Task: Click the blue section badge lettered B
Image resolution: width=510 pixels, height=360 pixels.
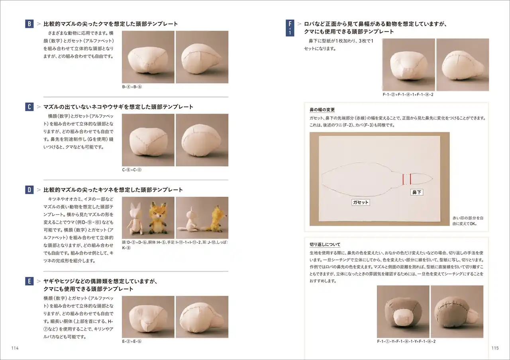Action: coord(29,24)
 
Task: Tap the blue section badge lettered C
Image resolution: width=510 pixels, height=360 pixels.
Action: coord(29,107)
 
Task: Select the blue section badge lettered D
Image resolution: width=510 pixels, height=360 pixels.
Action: coord(29,190)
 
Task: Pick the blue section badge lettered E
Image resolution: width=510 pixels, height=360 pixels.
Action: coord(29,281)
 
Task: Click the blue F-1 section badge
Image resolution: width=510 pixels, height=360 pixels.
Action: coord(290,28)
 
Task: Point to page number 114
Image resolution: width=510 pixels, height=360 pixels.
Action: coord(15,348)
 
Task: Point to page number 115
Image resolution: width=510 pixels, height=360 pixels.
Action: coord(495,348)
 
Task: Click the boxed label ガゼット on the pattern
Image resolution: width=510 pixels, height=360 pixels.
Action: coord(361,203)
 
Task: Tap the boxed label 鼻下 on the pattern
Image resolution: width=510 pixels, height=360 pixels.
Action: coord(417,192)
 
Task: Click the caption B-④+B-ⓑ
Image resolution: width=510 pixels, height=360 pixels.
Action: coord(132,87)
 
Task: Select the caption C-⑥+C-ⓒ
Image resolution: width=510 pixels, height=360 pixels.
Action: coord(132,170)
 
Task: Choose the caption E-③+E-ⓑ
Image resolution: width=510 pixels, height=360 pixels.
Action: coord(132,341)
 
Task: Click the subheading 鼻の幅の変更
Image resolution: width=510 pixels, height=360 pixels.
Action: coord(322,110)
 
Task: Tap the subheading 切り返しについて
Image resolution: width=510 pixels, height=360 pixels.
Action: coord(325,244)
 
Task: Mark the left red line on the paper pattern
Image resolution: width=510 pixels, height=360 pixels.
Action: coord(403,179)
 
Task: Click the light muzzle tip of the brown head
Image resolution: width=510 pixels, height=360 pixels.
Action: coord(401,319)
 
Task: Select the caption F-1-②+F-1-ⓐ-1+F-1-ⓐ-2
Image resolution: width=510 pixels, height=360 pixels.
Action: coord(408,94)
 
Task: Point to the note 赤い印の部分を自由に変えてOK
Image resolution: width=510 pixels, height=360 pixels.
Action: coord(468,221)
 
